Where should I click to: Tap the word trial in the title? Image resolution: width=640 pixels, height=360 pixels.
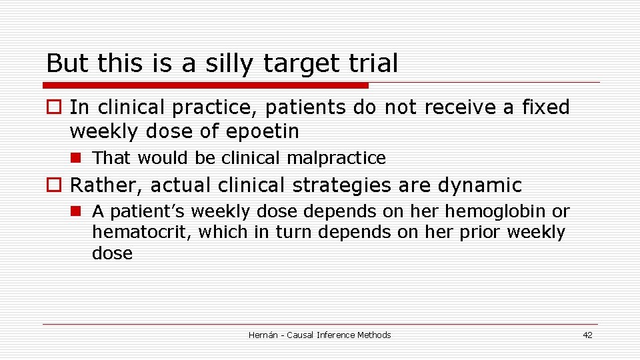click(x=373, y=63)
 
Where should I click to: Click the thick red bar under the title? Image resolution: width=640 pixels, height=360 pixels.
click(x=205, y=85)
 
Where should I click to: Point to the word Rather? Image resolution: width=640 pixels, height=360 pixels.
click(x=106, y=185)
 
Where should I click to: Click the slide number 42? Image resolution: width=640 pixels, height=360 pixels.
click(x=587, y=335)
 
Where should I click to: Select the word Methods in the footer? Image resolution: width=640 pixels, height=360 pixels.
click(x=374, y=335)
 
